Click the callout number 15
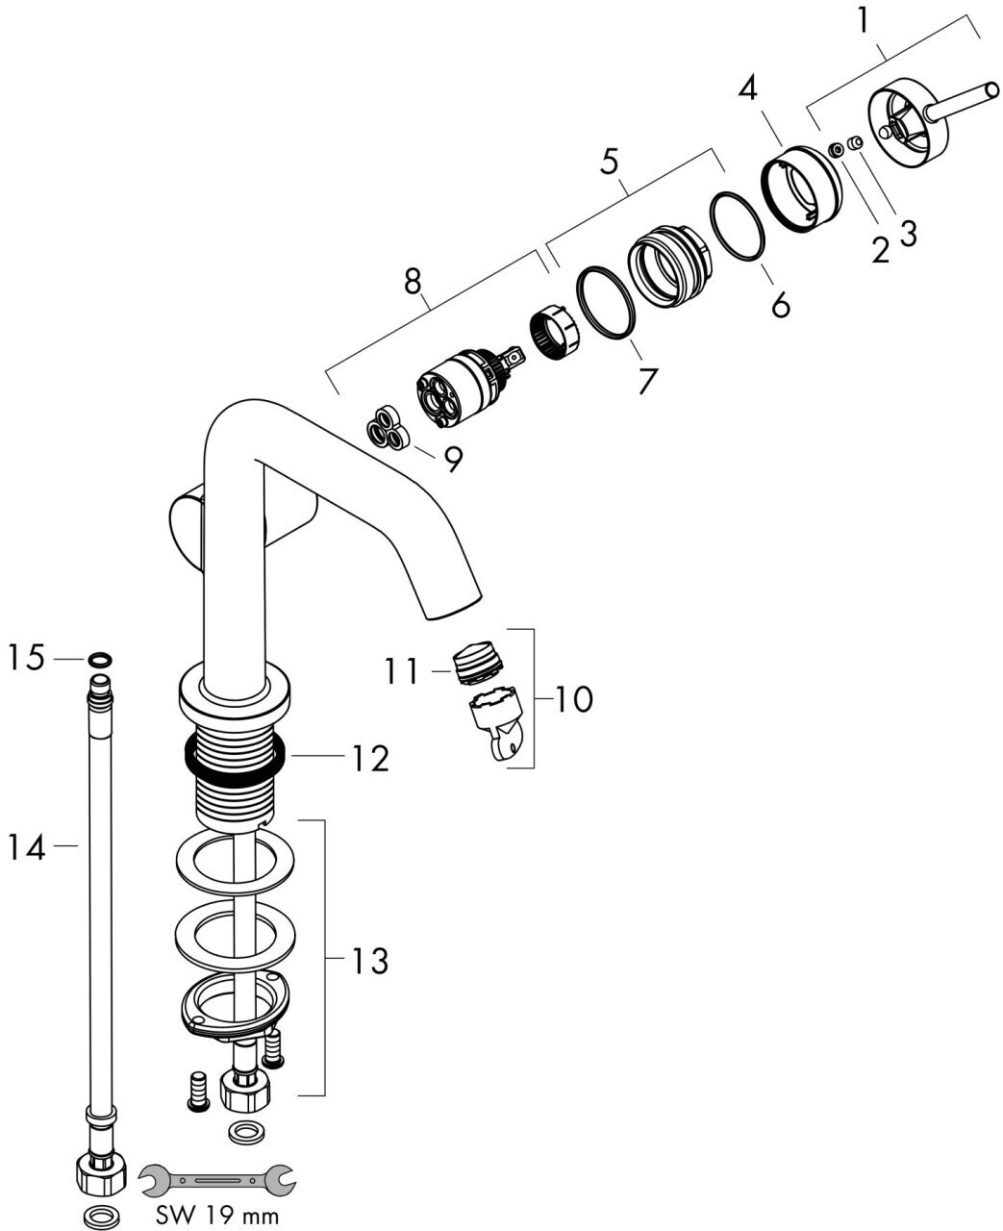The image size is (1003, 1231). [x=26, y=660]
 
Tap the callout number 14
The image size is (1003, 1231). [x=26, y=847]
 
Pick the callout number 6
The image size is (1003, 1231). [x=779, y=305]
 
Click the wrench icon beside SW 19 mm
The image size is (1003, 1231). [x=218, y=1176]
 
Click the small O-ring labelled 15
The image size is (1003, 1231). [x=99, y=660]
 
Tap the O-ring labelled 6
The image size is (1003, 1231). [x=738, y=226]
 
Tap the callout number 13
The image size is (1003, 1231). [x=368, y=960]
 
